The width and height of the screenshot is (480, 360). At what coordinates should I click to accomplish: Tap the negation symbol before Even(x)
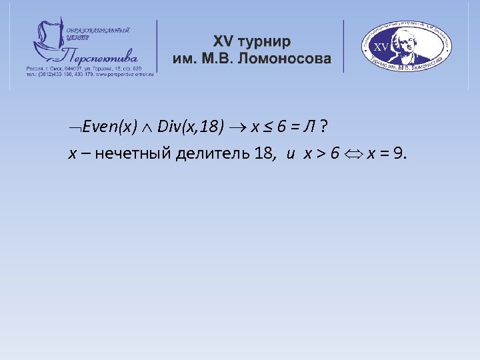pos(73,127)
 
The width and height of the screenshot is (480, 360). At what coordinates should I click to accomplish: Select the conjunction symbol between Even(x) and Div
pos(147,127)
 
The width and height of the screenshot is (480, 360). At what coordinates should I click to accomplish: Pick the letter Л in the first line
pos(309,127)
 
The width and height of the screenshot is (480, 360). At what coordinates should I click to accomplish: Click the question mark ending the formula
pos(323,127)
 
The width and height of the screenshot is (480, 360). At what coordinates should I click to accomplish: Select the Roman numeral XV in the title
pos(224,41)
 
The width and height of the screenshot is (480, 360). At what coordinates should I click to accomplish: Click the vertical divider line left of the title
pos(157,46)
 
